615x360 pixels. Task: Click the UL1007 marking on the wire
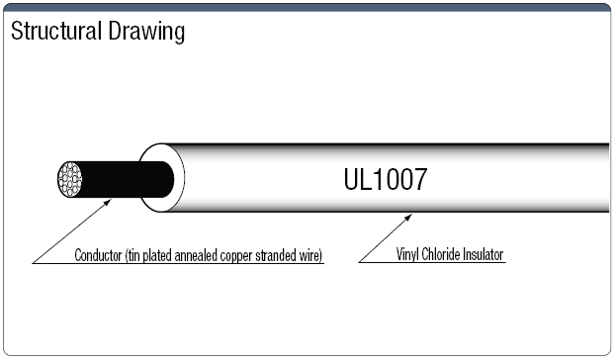coord(385,181)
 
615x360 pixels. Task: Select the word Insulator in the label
coord(485,255)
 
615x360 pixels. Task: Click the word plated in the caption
coord(158,255)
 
